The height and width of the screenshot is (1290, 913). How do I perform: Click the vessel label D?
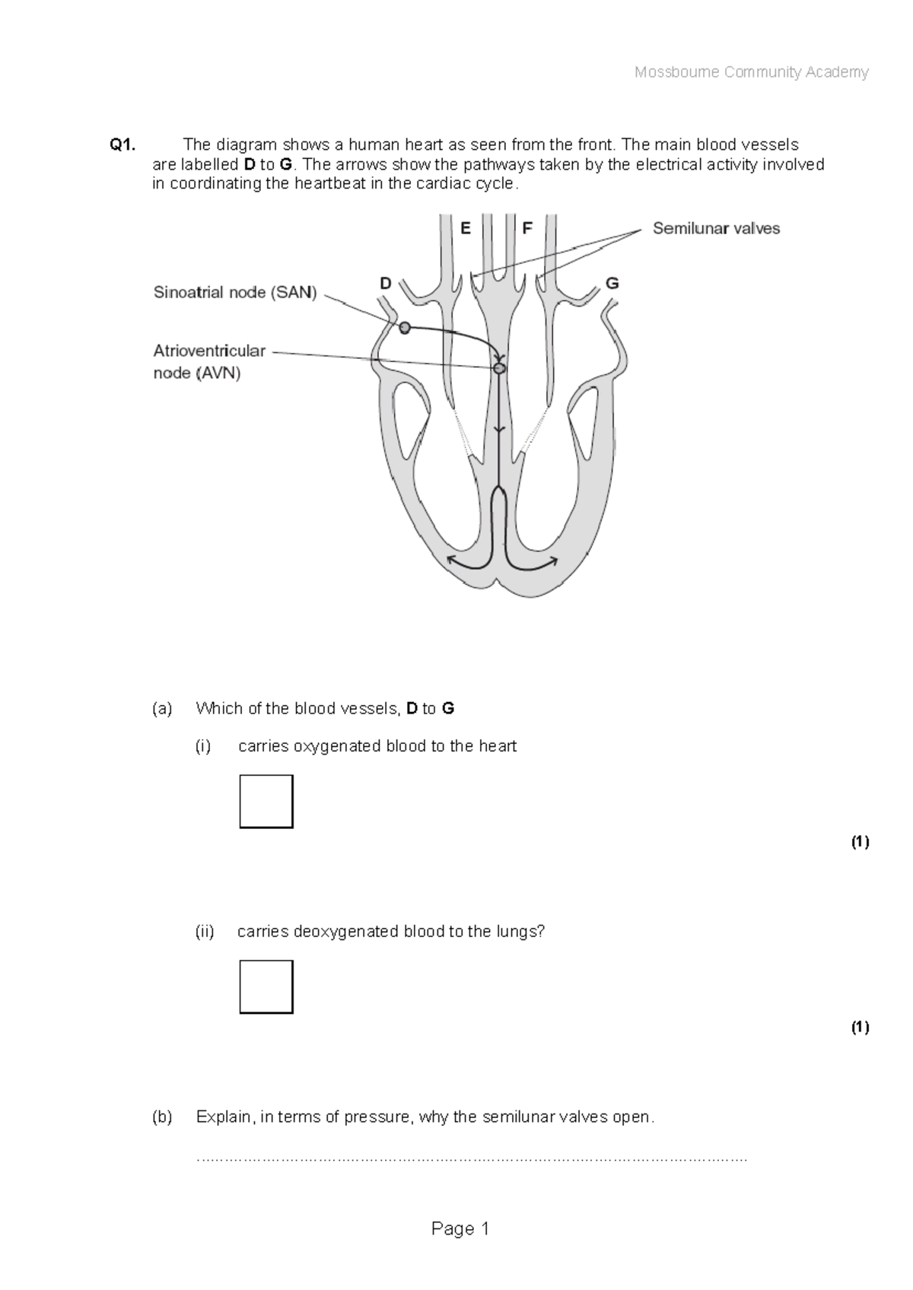coord(386,284)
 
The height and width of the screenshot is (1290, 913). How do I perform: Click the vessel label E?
coord(466,227)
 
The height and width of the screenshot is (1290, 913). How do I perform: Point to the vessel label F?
coord(526,227)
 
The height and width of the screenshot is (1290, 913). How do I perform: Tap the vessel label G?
coord(612,284)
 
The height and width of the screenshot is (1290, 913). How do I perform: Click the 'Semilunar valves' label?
coord(716,228)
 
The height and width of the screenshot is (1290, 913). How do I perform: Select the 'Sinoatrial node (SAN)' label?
coord(235,292)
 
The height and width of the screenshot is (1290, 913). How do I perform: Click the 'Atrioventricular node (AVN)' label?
coord(209,362)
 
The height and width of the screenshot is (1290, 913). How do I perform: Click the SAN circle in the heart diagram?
coord(405,328)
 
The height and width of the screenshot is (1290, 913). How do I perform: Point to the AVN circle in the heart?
coord(499,368)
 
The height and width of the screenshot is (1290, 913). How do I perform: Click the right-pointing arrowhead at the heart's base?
coord(553,561)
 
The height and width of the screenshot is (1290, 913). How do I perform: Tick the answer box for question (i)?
coord(266,801)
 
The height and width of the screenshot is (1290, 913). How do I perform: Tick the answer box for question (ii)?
coord(266,987)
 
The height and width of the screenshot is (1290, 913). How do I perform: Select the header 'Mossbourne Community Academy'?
coord(751,72)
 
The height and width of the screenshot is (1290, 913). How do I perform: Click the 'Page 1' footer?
coord(460,1228)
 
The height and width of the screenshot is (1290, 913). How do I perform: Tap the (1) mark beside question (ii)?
coord(860,1027)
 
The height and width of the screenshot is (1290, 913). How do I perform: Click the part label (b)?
coord(162,1117)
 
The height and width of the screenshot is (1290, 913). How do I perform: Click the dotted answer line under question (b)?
coord(472,1159)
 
